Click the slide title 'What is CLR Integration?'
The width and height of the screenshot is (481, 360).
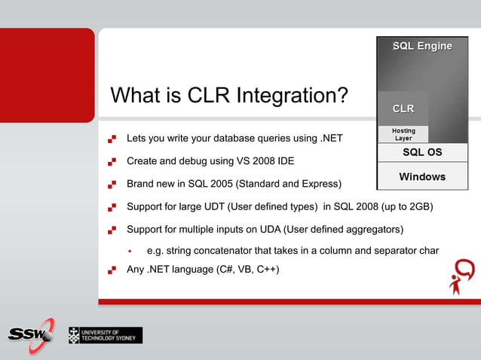click(x=229, y=96)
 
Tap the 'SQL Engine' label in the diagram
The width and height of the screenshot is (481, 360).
click(x=422, y=47)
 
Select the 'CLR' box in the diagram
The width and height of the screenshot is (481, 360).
click(x=403, y=109)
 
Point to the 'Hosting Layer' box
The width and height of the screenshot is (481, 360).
click(x=403, y=134)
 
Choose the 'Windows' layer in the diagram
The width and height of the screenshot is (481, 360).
click(x=422, y=177)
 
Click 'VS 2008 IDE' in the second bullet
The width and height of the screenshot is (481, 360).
click(x=263, y=161)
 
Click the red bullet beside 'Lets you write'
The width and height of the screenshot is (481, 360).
click(x=112, y=139)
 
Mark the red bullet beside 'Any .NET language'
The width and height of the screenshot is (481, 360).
click(x=112, y=270)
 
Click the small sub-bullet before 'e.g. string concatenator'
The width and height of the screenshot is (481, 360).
click(x=130, y=250)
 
